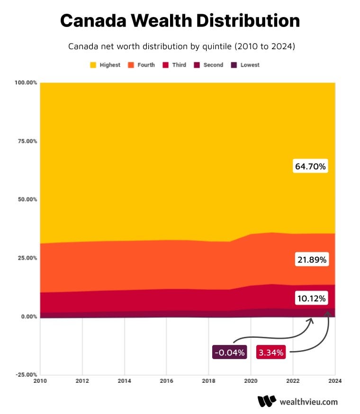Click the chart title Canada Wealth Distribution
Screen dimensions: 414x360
coord(180,20)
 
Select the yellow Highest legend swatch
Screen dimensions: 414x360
coord(93,65)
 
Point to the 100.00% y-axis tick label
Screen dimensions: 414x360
coord(26,83)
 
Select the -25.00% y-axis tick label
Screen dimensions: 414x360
coord(26,375)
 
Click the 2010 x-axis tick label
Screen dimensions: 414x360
coord(40,381)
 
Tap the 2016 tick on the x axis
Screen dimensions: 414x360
coord(166,381)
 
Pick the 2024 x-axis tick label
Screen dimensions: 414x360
coord(335,381)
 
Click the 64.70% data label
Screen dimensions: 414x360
coord(310,167)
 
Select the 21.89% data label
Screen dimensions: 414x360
coord(311,260)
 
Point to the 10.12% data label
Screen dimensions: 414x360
coord(311,299)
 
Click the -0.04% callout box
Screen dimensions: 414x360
coord(229,352)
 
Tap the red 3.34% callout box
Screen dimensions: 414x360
coord(270,352)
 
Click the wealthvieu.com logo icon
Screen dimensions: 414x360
coord(267,402)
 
